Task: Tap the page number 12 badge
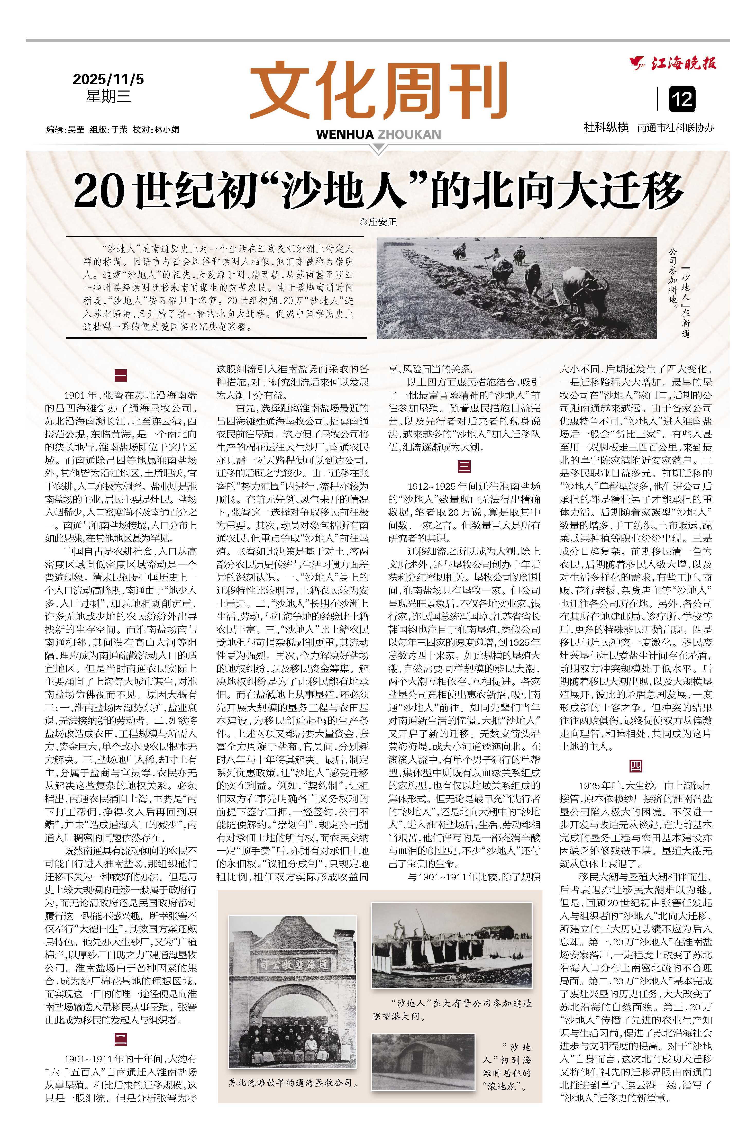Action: pos(682,99)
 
